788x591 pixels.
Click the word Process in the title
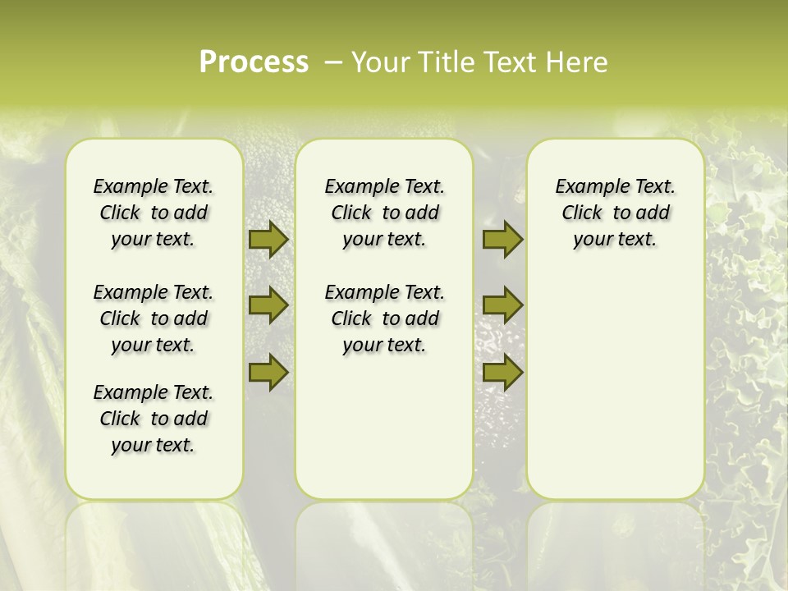pos(254,62)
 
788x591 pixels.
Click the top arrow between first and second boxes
pos(268,239)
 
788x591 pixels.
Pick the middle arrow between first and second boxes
pos(268,305)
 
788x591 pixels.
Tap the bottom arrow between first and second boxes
pos(268,372)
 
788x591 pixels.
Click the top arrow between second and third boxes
pos(502,239)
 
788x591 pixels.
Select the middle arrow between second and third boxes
pos(502,305)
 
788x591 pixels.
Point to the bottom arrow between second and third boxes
pos(502,372)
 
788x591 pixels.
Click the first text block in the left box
pos(153,213)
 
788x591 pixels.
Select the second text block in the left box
pos(153,318)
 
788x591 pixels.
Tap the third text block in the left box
pos(153,419)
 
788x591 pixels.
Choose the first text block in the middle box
pos(384,213)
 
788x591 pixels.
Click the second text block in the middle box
pos(384,318)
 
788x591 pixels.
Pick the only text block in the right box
pos(615,213)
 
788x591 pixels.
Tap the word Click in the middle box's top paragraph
pos(351,213)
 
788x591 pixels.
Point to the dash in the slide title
pos(333,62)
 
